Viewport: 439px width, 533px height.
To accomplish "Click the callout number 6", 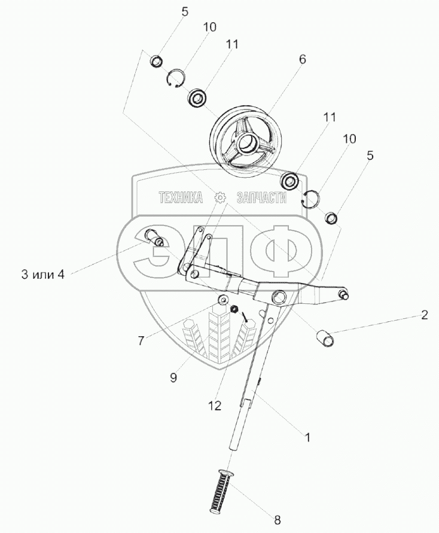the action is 302,59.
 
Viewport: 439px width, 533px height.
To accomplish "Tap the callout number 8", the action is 278,520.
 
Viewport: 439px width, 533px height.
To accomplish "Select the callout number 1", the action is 307,437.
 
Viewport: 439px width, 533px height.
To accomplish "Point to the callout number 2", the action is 425,315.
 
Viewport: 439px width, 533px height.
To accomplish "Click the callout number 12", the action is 215,406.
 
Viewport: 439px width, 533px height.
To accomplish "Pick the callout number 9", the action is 173,377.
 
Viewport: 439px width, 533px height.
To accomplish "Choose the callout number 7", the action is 141,340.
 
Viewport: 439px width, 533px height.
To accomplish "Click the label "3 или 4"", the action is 43,275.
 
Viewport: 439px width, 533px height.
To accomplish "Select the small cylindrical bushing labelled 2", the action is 325,338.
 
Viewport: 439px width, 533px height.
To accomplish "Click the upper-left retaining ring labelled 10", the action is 176,79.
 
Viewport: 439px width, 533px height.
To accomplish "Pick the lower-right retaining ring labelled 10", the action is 311,198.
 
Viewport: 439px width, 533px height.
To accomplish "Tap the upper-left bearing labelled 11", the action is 197,99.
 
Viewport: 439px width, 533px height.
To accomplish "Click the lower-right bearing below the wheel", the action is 290,181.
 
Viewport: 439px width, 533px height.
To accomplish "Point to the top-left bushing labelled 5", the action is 156,62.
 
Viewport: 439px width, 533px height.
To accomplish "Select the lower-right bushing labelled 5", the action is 331,218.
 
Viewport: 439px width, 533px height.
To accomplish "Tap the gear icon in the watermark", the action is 221,197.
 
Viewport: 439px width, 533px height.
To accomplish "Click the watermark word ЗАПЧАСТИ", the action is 261,197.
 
